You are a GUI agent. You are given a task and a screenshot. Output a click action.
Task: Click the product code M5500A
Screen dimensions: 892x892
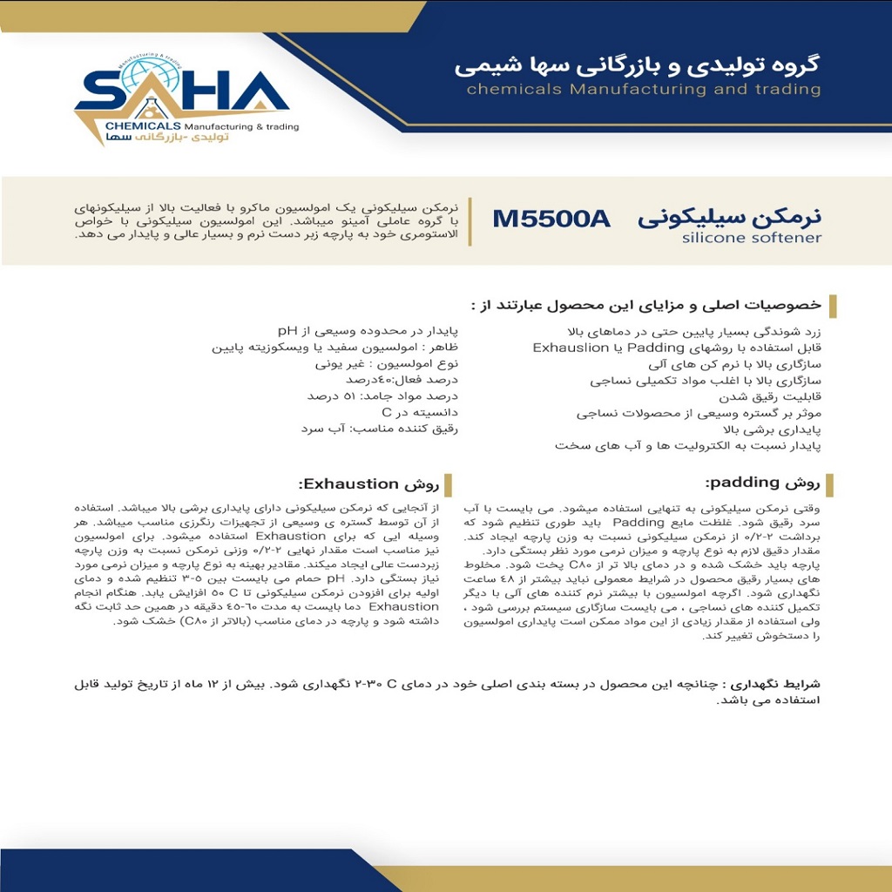(551, 219)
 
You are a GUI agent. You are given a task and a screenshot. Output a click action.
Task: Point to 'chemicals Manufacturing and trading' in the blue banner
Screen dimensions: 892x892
(643, 89)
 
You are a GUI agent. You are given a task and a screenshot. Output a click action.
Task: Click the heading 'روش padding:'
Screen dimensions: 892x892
(762, 482)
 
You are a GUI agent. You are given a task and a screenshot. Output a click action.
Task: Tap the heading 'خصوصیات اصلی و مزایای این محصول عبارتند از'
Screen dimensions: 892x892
(645, 305)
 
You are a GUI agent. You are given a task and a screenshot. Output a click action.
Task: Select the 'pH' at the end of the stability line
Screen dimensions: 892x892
(287, 330)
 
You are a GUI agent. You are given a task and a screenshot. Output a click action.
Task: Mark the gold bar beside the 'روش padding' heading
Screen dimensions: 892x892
(830, 483)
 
